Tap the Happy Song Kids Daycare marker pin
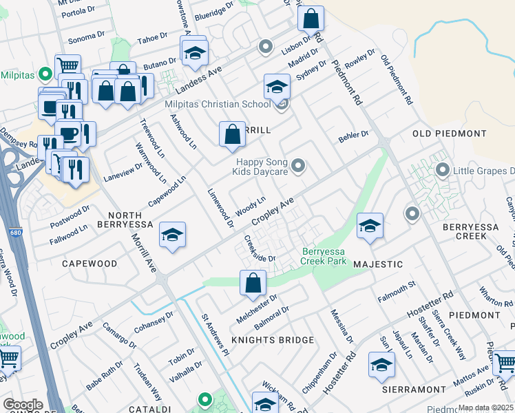[298, 165]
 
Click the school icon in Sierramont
[381, 365]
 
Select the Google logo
[23, 405]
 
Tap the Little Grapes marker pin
[442, 169]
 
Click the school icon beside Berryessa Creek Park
[370, 226]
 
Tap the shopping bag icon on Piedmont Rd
[311, 18]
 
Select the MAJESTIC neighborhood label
[377, 264]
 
